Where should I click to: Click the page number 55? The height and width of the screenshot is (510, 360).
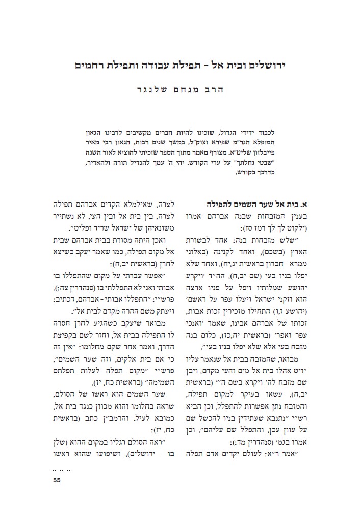[57, 480]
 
